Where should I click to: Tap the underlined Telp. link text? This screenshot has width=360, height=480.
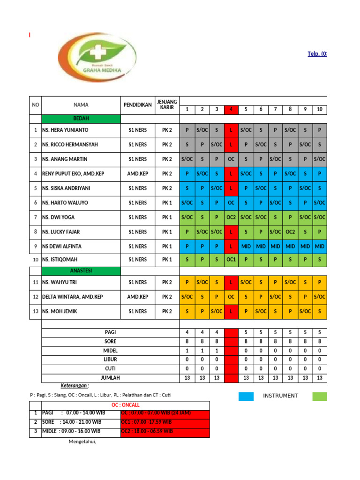(x=317, y=54)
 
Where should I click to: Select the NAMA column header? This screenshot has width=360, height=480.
(x=81, y=105)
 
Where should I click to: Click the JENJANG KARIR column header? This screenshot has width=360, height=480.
(x=167, y=105)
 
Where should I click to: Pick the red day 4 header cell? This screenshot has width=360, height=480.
(x=231, y=110)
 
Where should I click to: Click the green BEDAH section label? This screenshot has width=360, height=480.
(x=81, y=119)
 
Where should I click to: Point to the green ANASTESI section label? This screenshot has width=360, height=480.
(x=81, y=271)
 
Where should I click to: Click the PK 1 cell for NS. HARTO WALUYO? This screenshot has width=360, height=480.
(x=167, y=202)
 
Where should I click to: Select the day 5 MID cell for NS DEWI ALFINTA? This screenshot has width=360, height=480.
(x=246, y=246)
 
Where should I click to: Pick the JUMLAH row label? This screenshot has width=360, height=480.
(x=110, y=377)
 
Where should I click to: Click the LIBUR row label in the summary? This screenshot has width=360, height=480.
(x=110, y=359)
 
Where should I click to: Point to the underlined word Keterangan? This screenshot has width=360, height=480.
(x=75, y=385)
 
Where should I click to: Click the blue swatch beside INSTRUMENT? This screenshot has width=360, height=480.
(x=246, y=396)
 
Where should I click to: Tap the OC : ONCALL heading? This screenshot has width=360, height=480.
(x=125, y=405)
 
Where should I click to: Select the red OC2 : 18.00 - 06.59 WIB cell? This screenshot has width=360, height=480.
(x=165, y=431)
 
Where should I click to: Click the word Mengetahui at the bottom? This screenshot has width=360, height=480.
(x=82, y=441)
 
